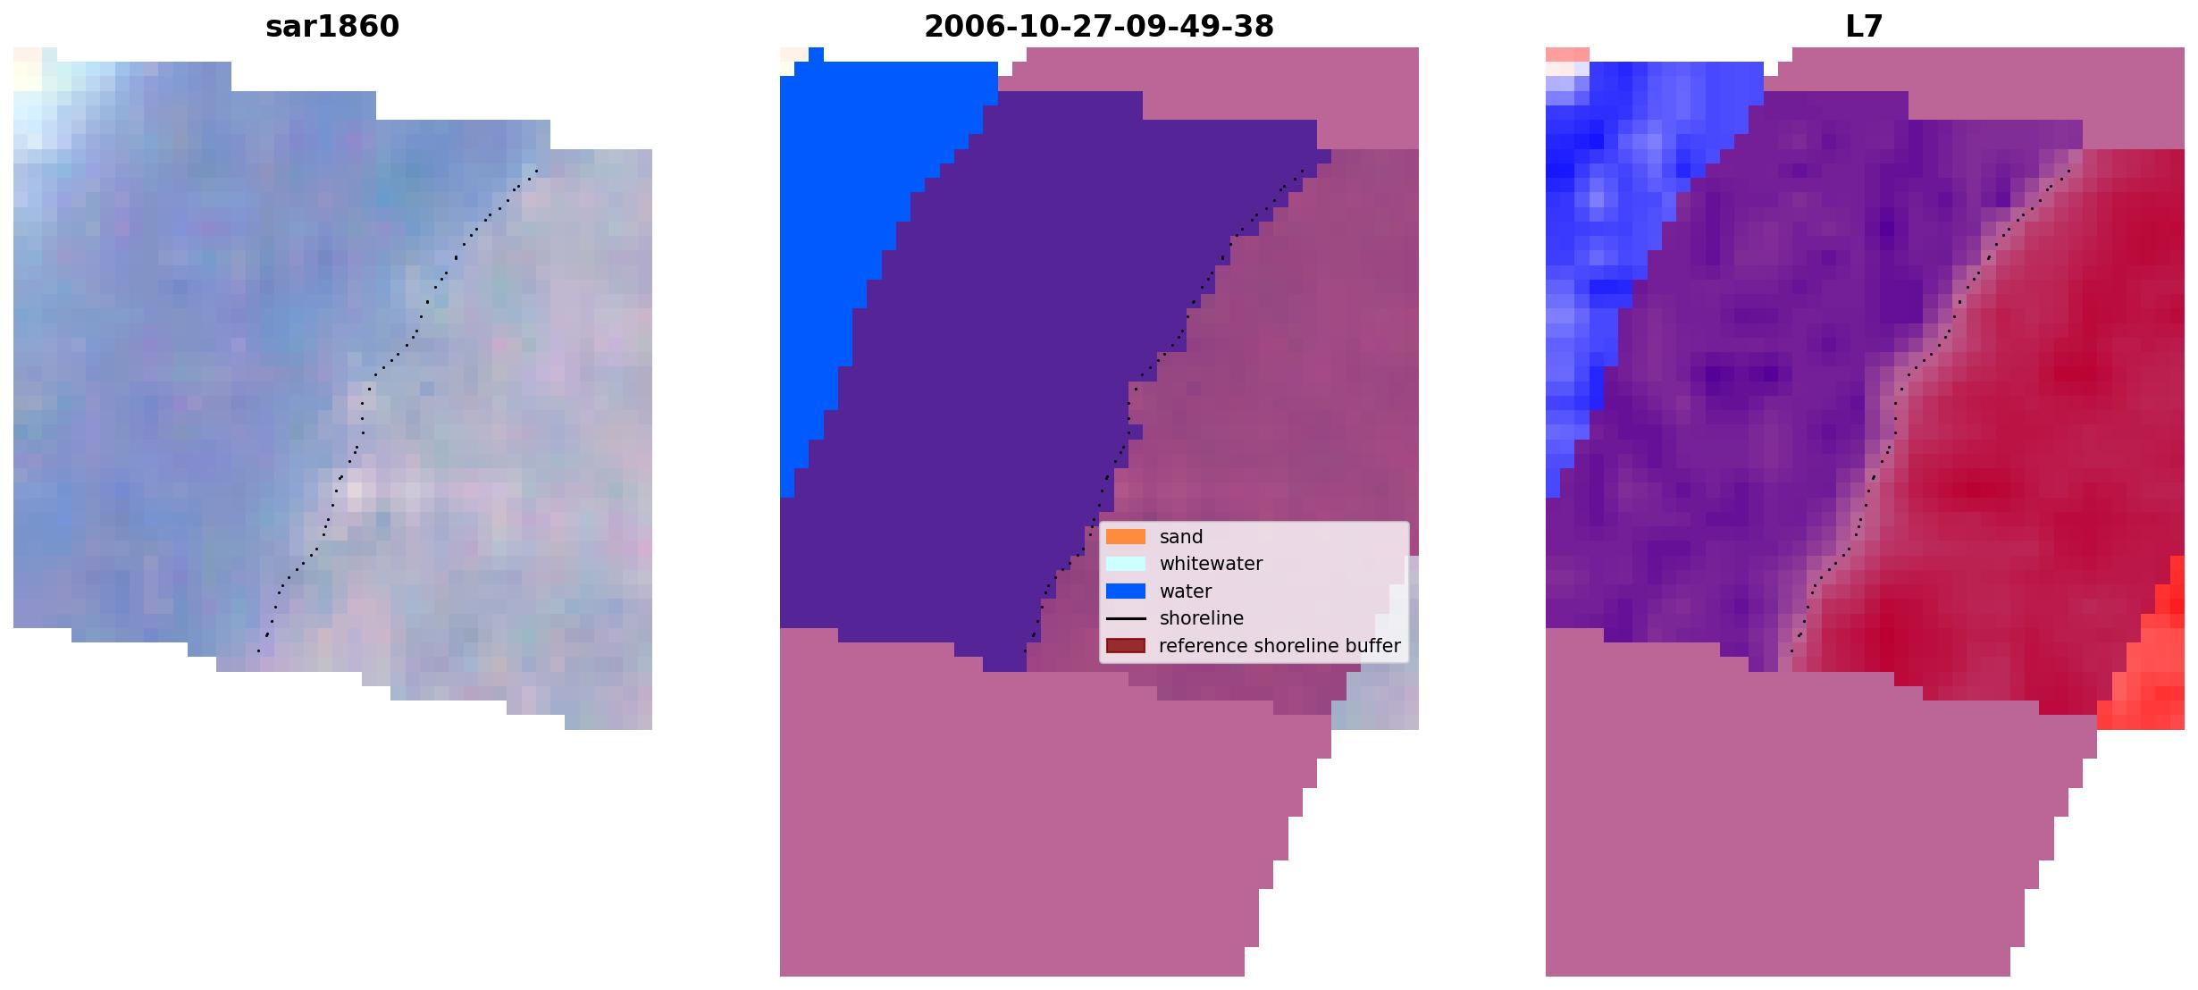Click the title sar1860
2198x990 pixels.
coord(332,27)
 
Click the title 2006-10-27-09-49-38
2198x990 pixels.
coord(1099,27)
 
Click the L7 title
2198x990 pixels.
coord(1865,27)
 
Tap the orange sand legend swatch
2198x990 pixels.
coord(1126,537)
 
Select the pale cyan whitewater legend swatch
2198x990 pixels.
coord(1126,564)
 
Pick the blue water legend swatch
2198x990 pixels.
coord(1126,591)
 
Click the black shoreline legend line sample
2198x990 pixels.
coord(1126,618)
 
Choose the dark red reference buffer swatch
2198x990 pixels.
coord(1126,645)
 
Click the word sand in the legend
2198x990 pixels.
coord(1181,537)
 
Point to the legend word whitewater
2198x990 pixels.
coord(1211,564)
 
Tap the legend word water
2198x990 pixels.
coord(1186,591)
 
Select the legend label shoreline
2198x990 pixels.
coord(1202,618)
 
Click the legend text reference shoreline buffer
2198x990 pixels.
coord(1280,645)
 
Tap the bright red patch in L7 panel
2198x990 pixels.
coord(2153,661)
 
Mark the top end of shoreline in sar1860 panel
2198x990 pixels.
coord(537,170)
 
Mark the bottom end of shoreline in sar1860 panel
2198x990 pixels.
coord(258,651)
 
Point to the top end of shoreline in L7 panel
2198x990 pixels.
coord(2069,170)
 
